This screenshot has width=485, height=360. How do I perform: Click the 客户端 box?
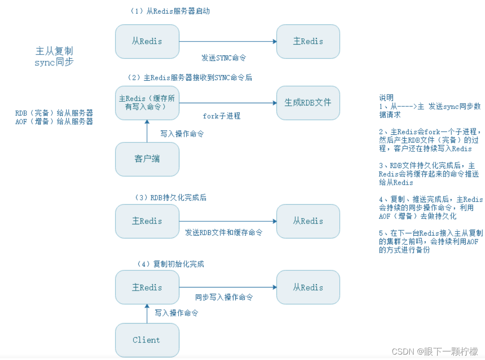point(147,159)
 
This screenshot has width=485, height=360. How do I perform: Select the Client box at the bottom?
point(147,340)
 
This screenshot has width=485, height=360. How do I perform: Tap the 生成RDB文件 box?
point(308,103)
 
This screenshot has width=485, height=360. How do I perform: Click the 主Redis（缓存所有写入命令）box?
point(147,103)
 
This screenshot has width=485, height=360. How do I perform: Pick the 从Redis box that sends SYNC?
point(147,41)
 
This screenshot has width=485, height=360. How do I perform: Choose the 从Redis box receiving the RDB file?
point(308,221)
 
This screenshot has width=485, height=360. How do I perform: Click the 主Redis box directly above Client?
point(147,287)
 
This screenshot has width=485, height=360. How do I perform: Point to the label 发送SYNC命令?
point(224,58)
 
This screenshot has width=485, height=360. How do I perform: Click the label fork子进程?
point(221,116)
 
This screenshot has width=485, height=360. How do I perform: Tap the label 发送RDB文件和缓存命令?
point(224,232)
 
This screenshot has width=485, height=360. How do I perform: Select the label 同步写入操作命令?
point(224,297)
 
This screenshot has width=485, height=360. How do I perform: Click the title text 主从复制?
point(54,50)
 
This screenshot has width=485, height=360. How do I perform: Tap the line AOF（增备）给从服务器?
point(54,122)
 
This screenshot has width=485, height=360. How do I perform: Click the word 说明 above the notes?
point(386,98)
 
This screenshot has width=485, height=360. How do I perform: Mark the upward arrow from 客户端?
point(147,131)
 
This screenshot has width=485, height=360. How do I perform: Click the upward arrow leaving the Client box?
point(147,313)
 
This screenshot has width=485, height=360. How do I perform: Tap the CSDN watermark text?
point(435,351)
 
